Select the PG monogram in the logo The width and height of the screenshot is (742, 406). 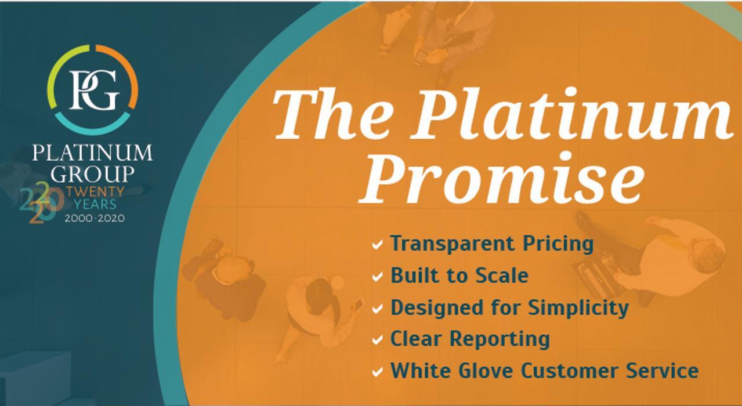click(93, 89)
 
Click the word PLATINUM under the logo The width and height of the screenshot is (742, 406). click(92, 153)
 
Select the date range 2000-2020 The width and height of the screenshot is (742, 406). click(95, 218)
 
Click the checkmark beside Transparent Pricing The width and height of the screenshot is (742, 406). click(378, 245)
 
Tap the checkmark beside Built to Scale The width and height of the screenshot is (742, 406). click(378, 277)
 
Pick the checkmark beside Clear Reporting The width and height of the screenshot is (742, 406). click(378, 340)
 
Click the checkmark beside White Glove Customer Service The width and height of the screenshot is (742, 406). click(378, 371)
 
